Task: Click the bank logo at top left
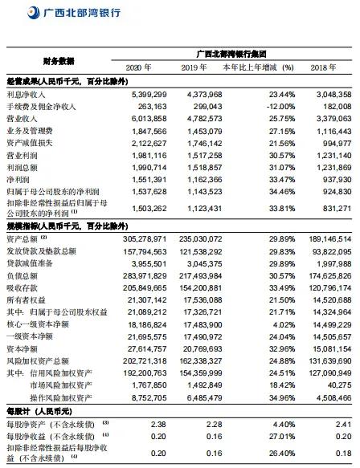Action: point(12,13)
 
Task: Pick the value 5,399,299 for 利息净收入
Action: point(146,93)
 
